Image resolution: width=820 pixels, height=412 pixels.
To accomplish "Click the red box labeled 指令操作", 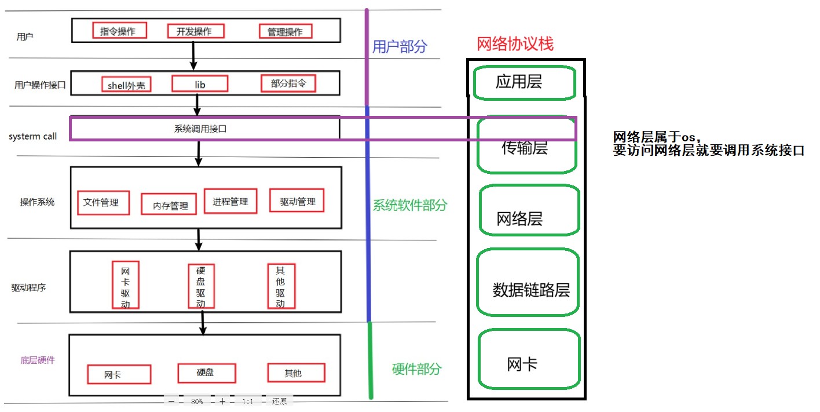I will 119,31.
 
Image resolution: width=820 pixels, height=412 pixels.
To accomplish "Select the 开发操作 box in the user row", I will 195,31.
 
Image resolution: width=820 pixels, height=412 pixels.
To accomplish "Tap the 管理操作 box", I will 285,31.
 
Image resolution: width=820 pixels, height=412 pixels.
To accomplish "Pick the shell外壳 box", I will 126,85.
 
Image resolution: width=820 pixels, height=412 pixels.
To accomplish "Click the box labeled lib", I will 200,84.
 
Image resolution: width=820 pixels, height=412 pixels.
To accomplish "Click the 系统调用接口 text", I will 200,129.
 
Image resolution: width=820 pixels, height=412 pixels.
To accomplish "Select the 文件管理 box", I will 103,203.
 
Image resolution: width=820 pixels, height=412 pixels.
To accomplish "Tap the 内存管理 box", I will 170,205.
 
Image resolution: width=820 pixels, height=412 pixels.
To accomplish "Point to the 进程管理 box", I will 230,201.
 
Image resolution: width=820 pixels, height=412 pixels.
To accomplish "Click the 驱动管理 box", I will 297,201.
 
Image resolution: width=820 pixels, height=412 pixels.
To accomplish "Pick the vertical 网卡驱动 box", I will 126,286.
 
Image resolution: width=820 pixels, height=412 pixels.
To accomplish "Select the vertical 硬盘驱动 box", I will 201,286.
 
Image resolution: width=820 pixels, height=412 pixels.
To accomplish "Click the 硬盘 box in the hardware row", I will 206,373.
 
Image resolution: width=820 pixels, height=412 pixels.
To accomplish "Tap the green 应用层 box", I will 524,82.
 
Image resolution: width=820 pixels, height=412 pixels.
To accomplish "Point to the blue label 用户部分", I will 399,47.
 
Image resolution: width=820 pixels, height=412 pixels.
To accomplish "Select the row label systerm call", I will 33,137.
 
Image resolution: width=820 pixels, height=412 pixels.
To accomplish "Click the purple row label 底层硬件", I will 38,360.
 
